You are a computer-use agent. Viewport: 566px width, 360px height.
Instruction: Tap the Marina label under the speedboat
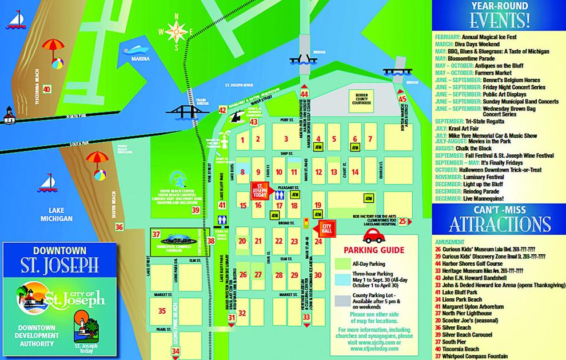141,58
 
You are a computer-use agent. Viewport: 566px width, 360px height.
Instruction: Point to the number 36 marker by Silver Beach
119,227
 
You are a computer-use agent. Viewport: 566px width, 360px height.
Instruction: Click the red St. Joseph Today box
260,190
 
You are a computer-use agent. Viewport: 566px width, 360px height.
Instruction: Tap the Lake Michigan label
57,214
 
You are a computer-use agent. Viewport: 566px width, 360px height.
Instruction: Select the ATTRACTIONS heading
499,223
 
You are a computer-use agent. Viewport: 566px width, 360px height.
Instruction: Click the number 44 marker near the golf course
304,94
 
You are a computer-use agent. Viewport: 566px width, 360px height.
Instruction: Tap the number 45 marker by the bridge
402,98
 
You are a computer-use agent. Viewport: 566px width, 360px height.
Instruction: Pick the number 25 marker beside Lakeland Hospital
402,222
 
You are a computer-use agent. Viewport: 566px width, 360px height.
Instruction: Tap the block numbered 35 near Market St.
162,311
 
